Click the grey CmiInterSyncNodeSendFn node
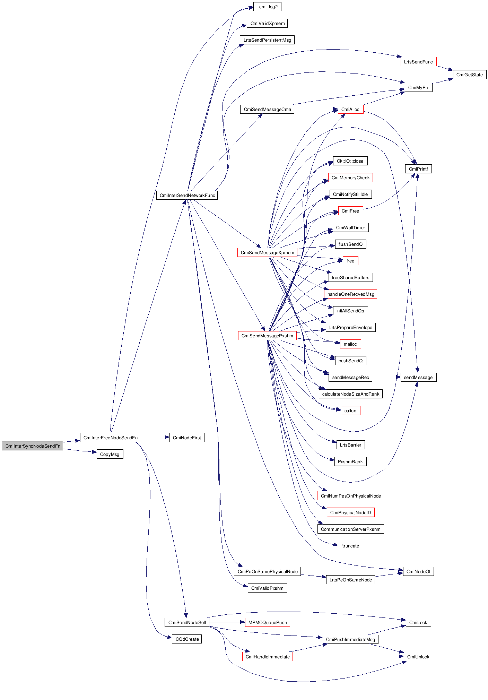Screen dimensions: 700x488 [x=32, y=446]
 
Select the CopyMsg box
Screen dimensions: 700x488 [x=110, y=454]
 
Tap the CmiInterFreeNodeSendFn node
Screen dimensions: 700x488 [x=110, y=438]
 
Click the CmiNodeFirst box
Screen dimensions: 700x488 [x=186, y=438]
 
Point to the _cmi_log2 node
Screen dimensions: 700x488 [x=267, y=7]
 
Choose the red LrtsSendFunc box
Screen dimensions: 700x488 [x=418, y=62]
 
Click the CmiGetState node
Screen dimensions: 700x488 [x=469, y=75]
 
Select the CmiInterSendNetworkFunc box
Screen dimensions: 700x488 [x=187, y=195]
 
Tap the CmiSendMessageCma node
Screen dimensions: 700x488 [x=267, y=110]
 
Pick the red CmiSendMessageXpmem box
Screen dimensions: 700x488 [x=267, y=252]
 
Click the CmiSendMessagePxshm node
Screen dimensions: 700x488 [x=267, y=336]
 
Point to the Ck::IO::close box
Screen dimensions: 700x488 [x=350, y=161]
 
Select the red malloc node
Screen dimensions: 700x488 [x=350, y=344]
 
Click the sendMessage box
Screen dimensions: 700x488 [x=418, y=377]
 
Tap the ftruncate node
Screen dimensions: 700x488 [x=350, y=546]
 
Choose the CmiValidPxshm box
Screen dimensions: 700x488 [x=267, y=588]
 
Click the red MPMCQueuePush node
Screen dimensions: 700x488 [x=267, y=622]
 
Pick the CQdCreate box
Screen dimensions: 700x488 [x=187, y=639]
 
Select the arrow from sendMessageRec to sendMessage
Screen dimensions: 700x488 [x=386, y=377]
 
